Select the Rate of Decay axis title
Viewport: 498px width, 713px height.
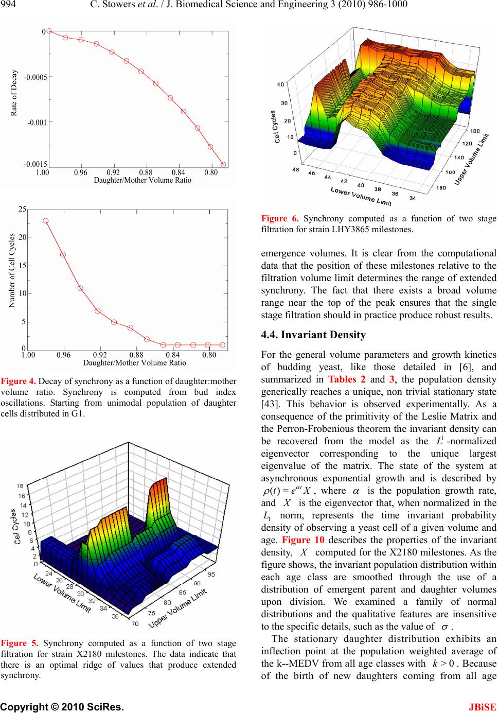pyautogui.click(x=14, y=93)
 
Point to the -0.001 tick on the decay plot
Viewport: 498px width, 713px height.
pyautogui.click(x=37, y=123)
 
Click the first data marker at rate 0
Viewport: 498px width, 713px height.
pyautogui.click(x=49, y=31)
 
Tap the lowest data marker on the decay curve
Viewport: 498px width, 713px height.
pyautogui.click(x=223, y=165)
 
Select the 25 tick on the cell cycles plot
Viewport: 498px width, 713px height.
pyautogui.click(x=22, y=210)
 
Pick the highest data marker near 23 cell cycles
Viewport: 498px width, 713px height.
pyautogui.click(x=46, y=221)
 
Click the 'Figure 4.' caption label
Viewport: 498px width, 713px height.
pyautogui.click(x=18, y=381)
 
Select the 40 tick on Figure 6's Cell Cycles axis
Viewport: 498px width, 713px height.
pyautogui.click(x=280, y=83)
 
